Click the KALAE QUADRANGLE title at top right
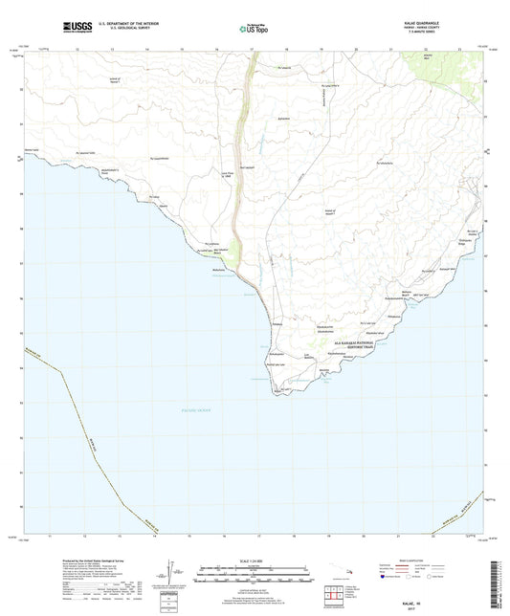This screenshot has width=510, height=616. [x=429, y=23]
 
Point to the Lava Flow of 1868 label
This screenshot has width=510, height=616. [x=229, y=188]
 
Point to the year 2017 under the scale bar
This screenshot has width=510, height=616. [x=255, y=605]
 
